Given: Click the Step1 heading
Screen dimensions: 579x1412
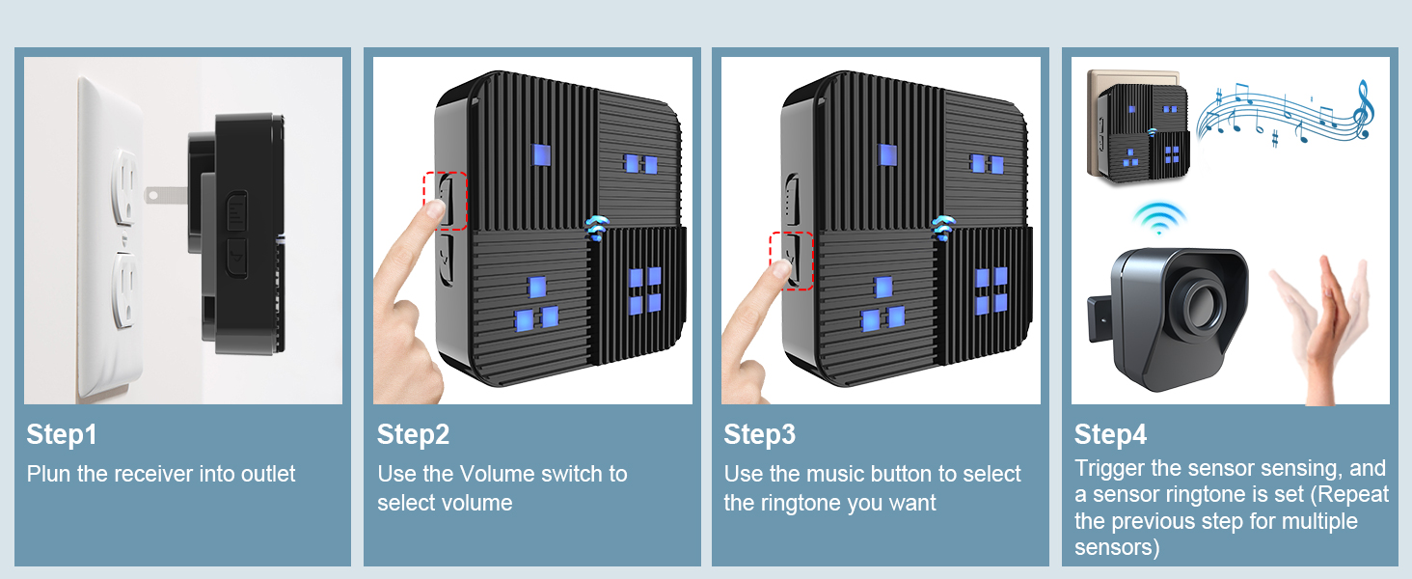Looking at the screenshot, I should pos(62,435).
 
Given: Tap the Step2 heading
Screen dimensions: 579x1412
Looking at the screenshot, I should pos(413,435).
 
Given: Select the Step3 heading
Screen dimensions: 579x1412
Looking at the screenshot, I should pos(760,435).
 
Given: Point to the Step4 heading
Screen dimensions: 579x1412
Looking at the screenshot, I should pos(1110,435).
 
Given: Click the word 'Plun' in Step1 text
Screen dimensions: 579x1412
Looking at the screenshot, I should pos(46,474).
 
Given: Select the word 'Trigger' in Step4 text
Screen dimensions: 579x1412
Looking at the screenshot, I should pos(1110,469).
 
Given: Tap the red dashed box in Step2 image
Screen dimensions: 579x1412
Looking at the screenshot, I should pos(445,201).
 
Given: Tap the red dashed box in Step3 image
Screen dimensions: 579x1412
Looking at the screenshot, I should pos(792,261).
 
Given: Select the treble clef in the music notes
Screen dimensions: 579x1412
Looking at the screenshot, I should pos(1362,108).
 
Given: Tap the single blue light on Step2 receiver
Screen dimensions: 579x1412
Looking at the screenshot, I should pos(540,156).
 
